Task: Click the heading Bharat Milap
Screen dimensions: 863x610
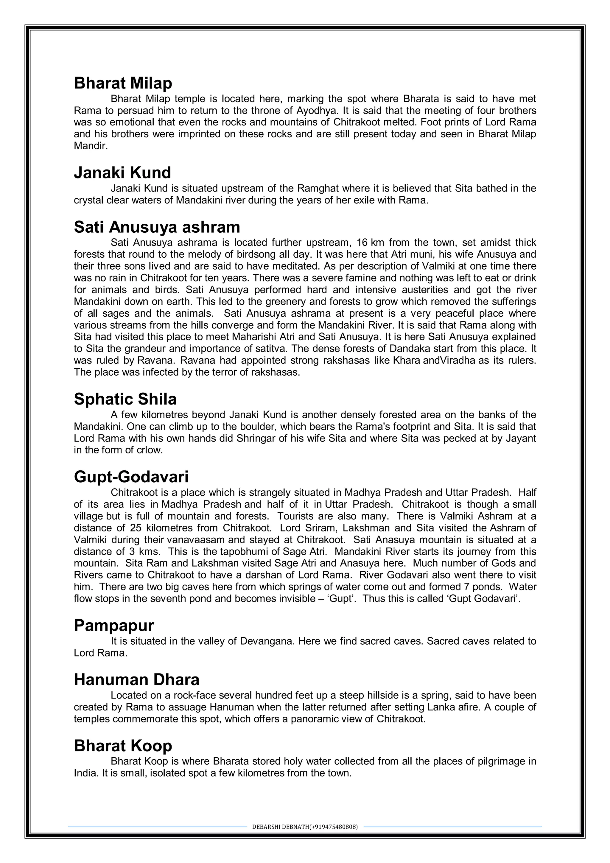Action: [123, 83]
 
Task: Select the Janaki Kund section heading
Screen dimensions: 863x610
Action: [122, 172]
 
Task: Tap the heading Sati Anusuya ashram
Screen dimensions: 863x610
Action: [157, 227]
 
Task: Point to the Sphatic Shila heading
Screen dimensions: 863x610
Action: [125, 399]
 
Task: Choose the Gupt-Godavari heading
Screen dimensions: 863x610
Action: [131, 477]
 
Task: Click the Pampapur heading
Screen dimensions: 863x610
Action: [114, 626]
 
